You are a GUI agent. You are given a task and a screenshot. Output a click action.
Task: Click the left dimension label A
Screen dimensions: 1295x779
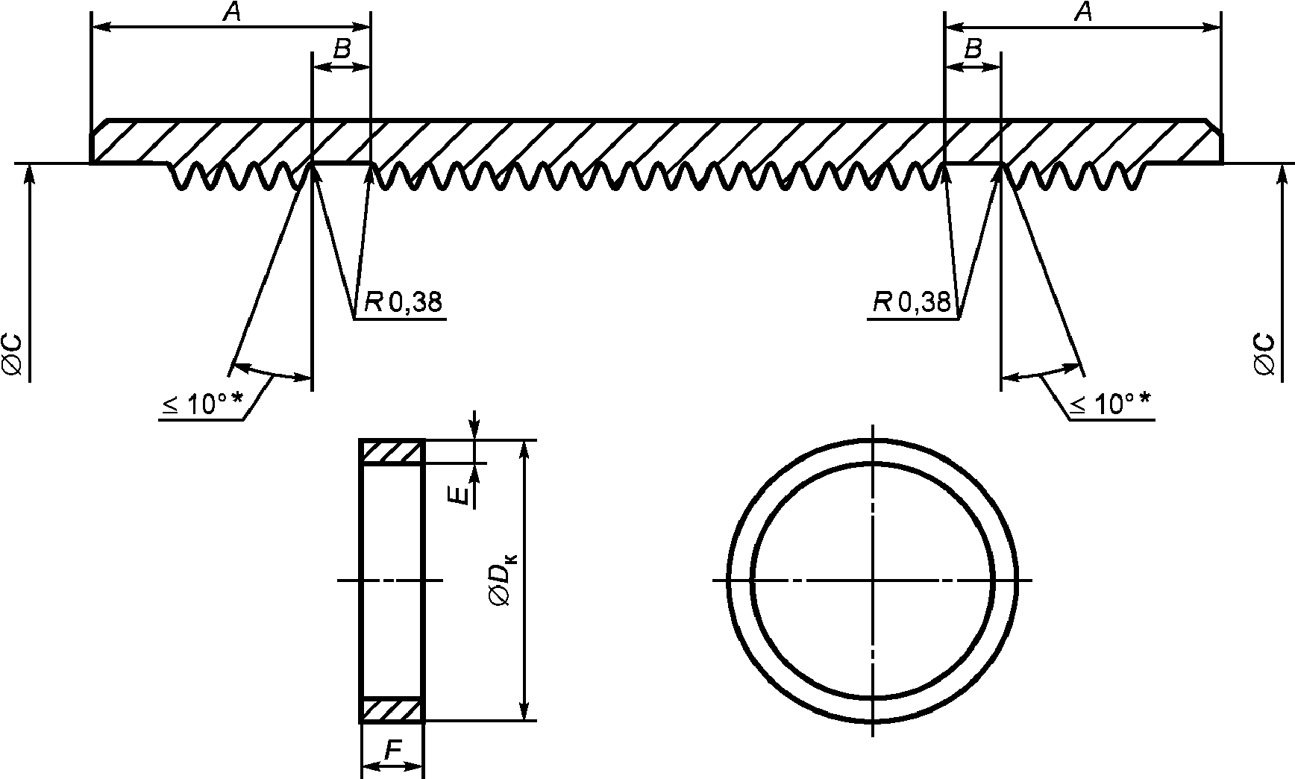[x=231, y=13]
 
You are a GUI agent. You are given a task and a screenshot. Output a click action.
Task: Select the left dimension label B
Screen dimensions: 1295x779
[x=342, y=50]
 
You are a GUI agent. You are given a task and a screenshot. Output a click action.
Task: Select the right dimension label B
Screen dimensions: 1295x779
[x=973, y=50]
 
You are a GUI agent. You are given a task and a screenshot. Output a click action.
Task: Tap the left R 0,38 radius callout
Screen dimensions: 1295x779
[x=403, y=301]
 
